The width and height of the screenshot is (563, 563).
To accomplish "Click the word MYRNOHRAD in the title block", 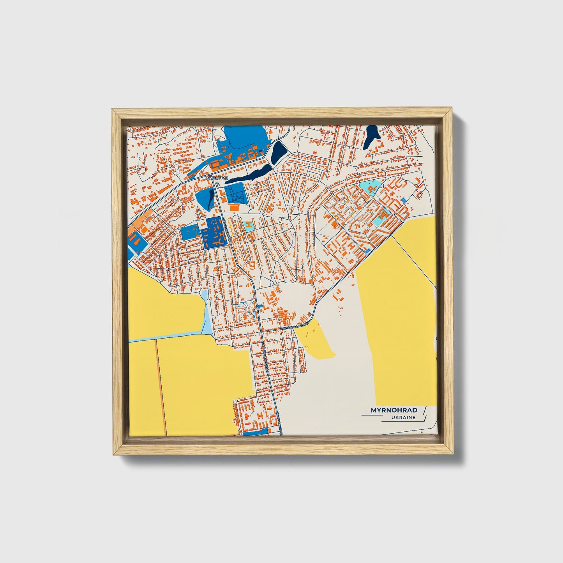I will tap(394, 410).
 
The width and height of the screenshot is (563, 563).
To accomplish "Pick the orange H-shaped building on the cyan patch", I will tap(248, 225).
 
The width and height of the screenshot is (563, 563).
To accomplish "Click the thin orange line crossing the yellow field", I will tap(161, 386).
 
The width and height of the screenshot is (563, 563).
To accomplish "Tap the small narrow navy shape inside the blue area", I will tap(211, 197).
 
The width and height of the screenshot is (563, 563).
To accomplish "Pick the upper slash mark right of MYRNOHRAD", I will tap(425, 409).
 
